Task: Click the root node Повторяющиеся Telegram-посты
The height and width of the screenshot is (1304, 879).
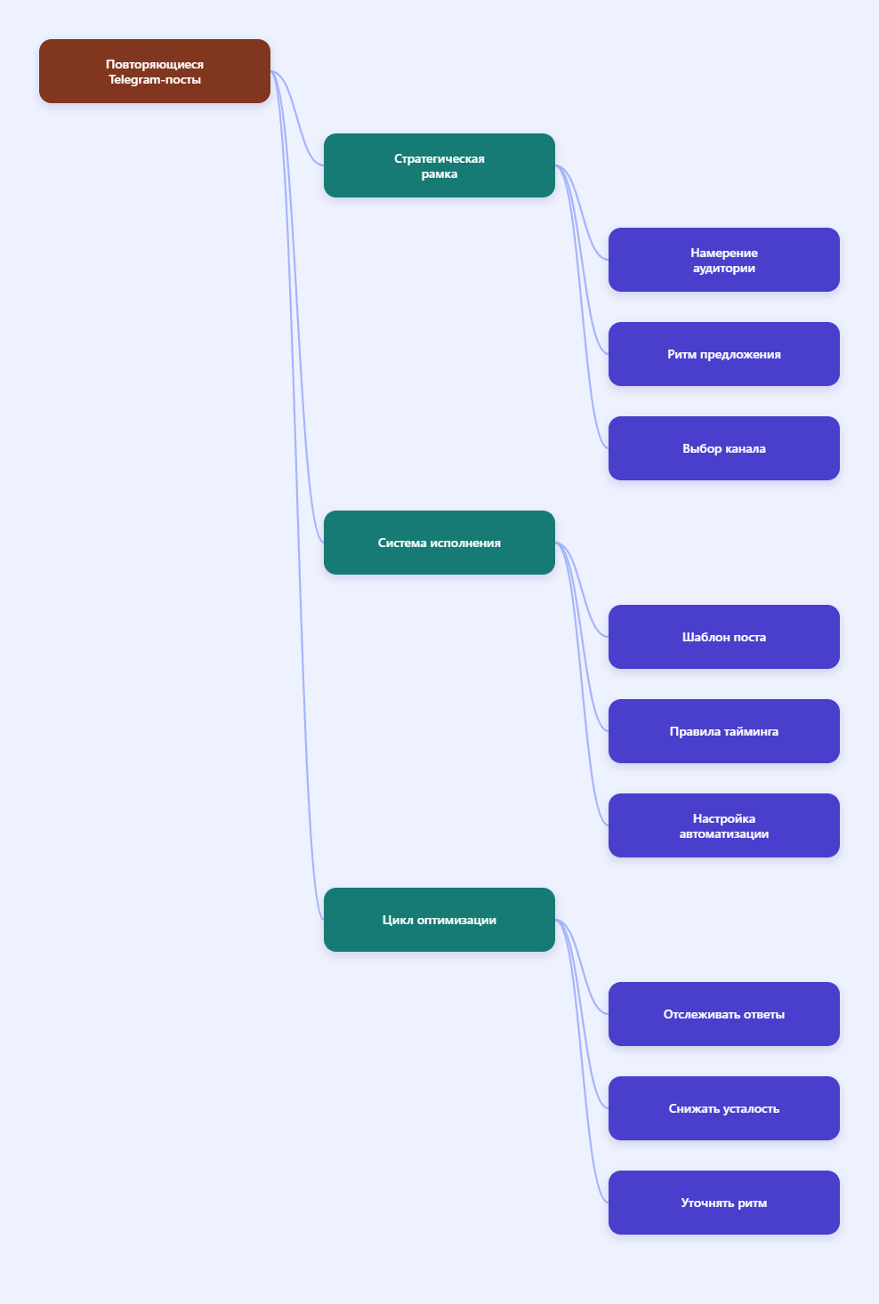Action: click(x=155, y=71)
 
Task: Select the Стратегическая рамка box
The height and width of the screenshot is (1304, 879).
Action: click(x=439, y=165)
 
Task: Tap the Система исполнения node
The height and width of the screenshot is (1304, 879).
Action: click(x=439, y=543)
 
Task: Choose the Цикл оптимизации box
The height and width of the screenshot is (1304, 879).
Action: click(x=439, y=920)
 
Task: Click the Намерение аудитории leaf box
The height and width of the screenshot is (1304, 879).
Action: click(x=724, y=260)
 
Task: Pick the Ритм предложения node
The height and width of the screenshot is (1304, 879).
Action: click(x=724, y=354)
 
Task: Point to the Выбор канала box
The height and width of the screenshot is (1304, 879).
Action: click(x=724, y=448)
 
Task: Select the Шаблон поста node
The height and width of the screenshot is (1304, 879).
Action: click(x=724, y=637)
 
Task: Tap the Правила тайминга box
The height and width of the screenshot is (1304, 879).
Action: click(x=724, y=731)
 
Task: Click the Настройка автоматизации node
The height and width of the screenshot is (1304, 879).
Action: click(x=724, y=825)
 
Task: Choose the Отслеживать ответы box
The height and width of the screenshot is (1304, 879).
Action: click(x=724, y=1014)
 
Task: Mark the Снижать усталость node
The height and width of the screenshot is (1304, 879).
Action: click(x=724, y=1108)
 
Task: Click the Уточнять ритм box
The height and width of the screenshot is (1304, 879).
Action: click(x=724, y=1203)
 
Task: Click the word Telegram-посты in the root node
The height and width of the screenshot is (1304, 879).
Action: click(x=155, y=79)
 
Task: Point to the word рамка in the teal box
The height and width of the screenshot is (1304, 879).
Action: click(x=439, y=174)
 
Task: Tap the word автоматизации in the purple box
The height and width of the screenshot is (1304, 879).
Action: click(x=724, y=834)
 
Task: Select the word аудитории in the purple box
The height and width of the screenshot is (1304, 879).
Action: click(x=724, y=269)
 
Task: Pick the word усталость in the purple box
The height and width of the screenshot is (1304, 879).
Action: click(x=751, y=1109)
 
